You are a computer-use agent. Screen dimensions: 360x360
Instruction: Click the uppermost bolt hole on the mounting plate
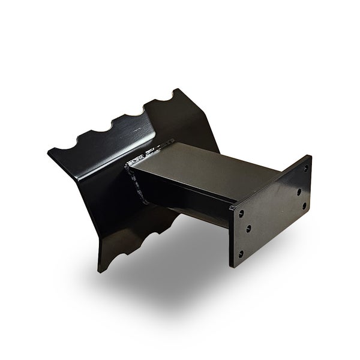coord(305,169)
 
